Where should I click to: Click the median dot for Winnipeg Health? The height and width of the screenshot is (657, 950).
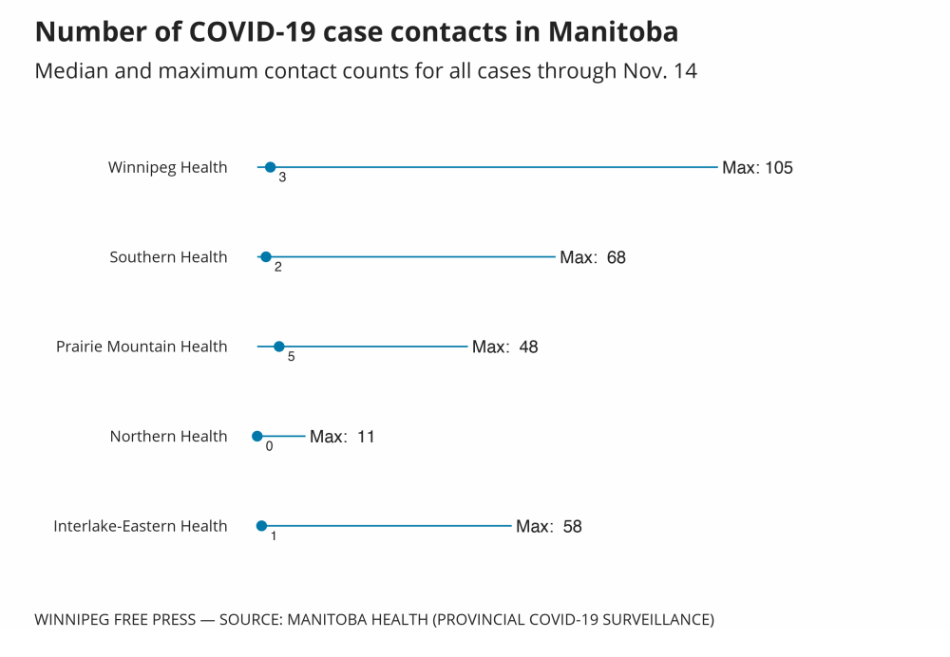(270, 167)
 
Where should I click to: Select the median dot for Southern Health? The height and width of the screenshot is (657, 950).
(266, 256)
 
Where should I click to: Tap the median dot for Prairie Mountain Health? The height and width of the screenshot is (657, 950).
(278, 347)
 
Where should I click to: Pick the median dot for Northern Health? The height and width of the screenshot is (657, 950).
(256, 436)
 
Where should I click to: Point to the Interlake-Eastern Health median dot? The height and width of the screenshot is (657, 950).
(261, 526)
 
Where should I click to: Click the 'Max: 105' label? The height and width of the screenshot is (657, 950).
(757, 168)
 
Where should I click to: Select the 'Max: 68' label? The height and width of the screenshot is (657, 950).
(593, 257)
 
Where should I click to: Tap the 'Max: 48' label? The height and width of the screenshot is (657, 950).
(504, 347)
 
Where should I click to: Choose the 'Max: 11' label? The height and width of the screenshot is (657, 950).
(342, 437)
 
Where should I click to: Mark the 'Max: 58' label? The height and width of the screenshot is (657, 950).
(548, 526)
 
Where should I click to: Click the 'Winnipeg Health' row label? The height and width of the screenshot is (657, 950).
(168, 168)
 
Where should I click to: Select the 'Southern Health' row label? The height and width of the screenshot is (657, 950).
(168, 257)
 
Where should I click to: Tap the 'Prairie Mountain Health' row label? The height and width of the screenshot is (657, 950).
(142, 347)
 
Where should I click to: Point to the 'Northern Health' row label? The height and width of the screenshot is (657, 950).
(168, 437)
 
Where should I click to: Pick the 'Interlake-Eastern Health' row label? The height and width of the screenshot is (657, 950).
(141, 526)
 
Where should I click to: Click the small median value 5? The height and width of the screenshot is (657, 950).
(291, 358)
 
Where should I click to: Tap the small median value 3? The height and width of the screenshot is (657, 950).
(282, 178)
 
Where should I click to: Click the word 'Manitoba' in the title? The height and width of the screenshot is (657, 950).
(613, 31)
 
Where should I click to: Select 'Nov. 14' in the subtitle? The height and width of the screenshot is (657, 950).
(661, 71)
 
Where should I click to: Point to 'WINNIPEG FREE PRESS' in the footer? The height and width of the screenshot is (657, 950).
(114, 620)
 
